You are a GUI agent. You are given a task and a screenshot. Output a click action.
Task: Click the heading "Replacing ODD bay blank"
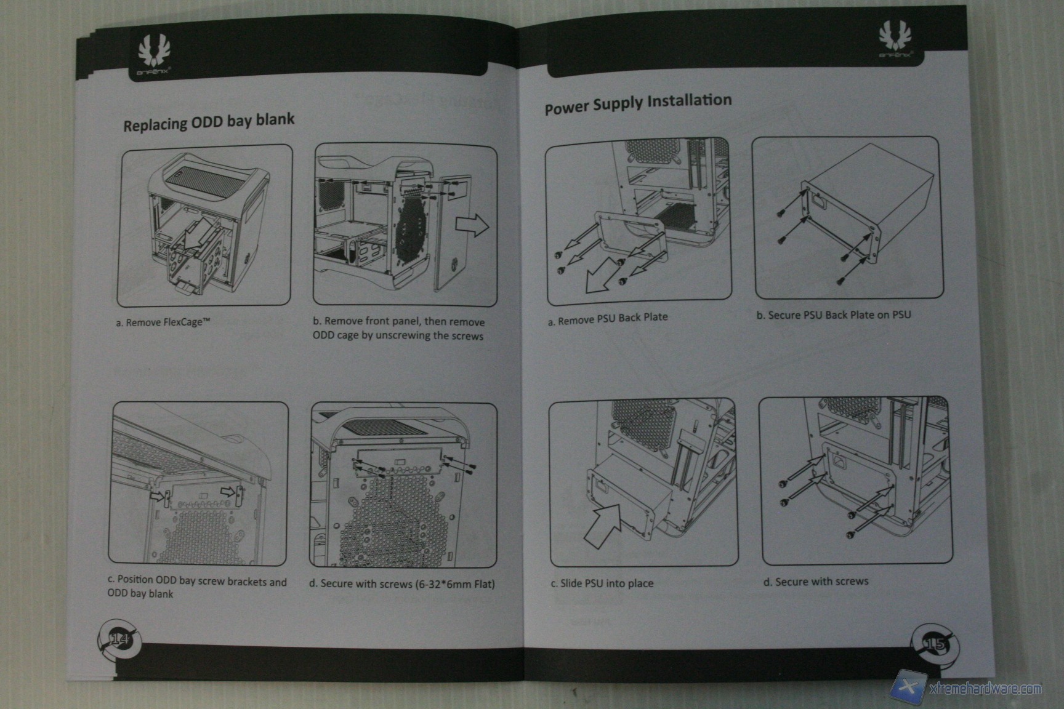tap(209, 121)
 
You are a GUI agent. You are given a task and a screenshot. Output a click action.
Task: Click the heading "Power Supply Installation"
tap(638, 103)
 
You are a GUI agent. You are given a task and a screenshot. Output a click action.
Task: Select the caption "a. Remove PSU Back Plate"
tap(608, 318)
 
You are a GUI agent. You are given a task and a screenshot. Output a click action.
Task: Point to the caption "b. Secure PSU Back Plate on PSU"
tap(833, 315)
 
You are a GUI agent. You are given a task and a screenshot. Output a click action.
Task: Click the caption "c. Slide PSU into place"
tap(602, 583)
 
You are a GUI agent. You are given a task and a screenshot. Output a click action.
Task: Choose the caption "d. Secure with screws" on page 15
tap(816, 581)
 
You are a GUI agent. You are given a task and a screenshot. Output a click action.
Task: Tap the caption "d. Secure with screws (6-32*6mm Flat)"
tap(401, 583)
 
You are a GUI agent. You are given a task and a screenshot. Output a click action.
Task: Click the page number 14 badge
tap(119, 640)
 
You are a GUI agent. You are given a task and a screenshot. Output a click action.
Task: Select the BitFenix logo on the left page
tap(152, 56)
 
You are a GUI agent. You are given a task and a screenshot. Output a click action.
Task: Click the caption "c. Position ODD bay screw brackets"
tap(197, 582)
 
